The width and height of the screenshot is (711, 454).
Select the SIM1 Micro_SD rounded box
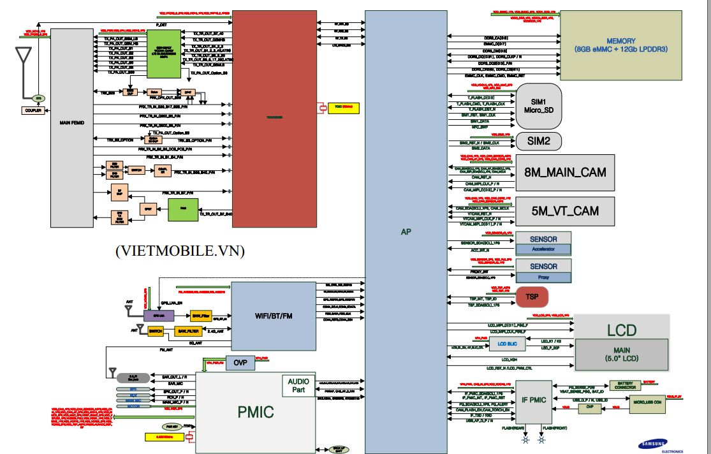coord(538,106)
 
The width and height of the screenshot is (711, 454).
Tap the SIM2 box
coord(538,141)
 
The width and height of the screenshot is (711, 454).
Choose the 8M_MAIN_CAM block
coord(565,172)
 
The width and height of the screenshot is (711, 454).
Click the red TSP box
coord(532,297)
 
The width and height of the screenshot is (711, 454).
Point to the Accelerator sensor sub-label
coord(543,249)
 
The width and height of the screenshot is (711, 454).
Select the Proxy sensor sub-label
coord(543,277)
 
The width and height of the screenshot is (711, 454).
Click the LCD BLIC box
coord(508,344)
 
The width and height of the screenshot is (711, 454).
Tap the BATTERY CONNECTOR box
coord(625,385)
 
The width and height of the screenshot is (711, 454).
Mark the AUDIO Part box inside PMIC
coord(298,385)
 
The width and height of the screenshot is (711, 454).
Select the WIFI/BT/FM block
coord(274,316)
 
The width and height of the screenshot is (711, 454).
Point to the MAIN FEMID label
coord(72,122)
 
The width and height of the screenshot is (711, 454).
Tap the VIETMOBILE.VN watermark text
coord(180,251)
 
